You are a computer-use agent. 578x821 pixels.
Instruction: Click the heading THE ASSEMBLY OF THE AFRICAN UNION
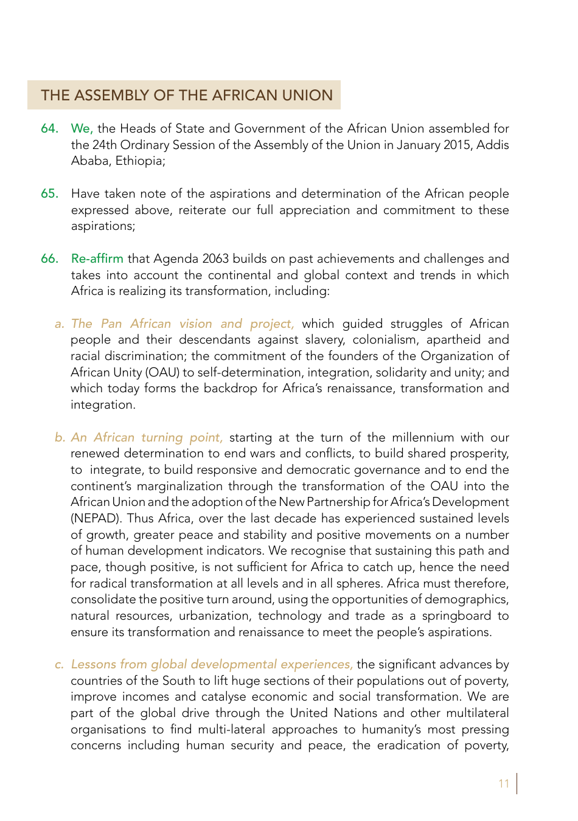click(187, 95)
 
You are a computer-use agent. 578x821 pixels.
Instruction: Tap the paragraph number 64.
click(49, 128)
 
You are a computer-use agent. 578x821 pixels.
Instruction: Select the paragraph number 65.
click(49, 193)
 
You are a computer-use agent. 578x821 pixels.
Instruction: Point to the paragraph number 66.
click(49, 258)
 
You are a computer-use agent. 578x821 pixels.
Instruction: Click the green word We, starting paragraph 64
click(82, 128)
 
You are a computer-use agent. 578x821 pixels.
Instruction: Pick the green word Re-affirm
click(97, 258)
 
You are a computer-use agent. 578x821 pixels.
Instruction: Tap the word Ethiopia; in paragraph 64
click(141, 161)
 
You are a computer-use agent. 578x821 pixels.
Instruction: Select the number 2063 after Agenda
click(215, 258)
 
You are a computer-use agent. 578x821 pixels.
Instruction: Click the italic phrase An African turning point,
click(147, 437)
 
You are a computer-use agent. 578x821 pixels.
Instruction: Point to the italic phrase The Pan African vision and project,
click(183, 324)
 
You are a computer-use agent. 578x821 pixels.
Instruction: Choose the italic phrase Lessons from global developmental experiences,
click(212, 664)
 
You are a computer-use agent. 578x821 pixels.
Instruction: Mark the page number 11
click(504, 783)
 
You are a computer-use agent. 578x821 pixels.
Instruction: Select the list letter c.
click(59, 664)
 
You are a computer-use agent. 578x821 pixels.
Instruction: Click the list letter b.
click(59, 437)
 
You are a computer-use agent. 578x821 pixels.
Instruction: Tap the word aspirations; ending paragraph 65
click(103, 226)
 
